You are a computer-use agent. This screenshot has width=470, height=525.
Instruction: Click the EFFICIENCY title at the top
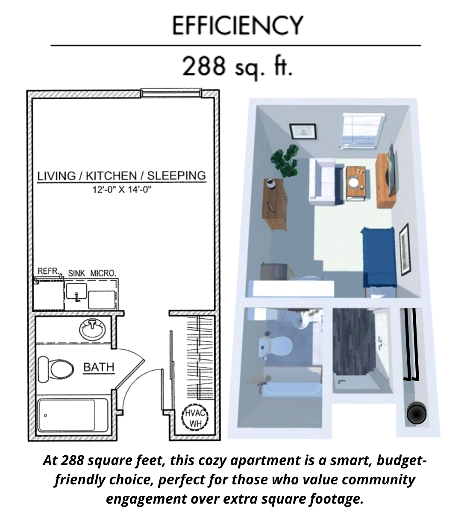pos(238,25)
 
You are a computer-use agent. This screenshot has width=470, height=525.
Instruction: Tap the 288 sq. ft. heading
pos(238,67)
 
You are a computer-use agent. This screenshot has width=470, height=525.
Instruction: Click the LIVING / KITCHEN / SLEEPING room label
pos(121,176)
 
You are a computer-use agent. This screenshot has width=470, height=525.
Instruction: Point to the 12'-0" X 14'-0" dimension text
pos(122,190)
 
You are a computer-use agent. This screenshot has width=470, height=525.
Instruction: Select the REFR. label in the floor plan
pos(48,271)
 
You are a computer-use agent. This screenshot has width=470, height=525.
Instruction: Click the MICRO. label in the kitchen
pos(103,273)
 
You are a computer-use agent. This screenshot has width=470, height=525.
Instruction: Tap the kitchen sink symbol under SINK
pos(76,292)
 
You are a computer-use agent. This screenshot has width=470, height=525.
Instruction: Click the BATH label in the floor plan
pos(99,367)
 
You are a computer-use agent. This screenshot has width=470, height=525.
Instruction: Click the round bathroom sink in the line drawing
pos(92,330)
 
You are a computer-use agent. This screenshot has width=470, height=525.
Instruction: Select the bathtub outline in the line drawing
pos(73,415)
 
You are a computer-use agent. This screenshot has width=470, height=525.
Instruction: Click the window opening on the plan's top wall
pos(171,93)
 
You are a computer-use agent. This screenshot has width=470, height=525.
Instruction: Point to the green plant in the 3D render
pos(285,160)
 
